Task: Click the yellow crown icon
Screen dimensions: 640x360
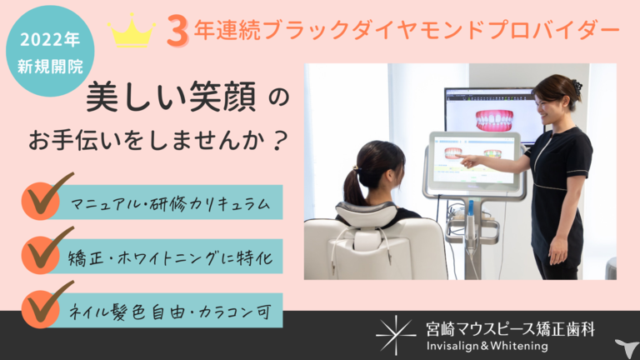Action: click(x=132, y=31)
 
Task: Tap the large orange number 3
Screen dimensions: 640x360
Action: click(x=177, y=32)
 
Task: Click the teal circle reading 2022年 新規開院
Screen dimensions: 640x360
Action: click(x=50, y=51)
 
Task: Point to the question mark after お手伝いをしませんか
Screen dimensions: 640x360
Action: click(x=280, y=140)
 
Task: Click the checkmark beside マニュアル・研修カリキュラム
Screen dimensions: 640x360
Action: click(x=47, y=196)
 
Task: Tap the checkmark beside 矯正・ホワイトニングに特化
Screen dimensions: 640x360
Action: click(x=47, y=250)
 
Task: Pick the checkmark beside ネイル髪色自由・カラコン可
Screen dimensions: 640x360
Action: click(x=47, y=304)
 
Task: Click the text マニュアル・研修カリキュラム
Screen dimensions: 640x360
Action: click(x=170, y=203)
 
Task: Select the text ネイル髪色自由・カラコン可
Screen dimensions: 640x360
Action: click(x=170, y=312)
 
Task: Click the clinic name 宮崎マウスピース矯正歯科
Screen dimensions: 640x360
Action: click(x=510, y=329)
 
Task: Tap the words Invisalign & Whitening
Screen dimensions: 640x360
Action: click(x=487, y=346)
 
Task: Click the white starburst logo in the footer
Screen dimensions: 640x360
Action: click(x=395, y=335)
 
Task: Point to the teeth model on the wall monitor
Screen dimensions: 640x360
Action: click(x=494, y=120)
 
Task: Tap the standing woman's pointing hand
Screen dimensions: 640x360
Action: click(x=467, y=160)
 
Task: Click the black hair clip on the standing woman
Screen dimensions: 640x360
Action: click(x=577, y=87)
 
